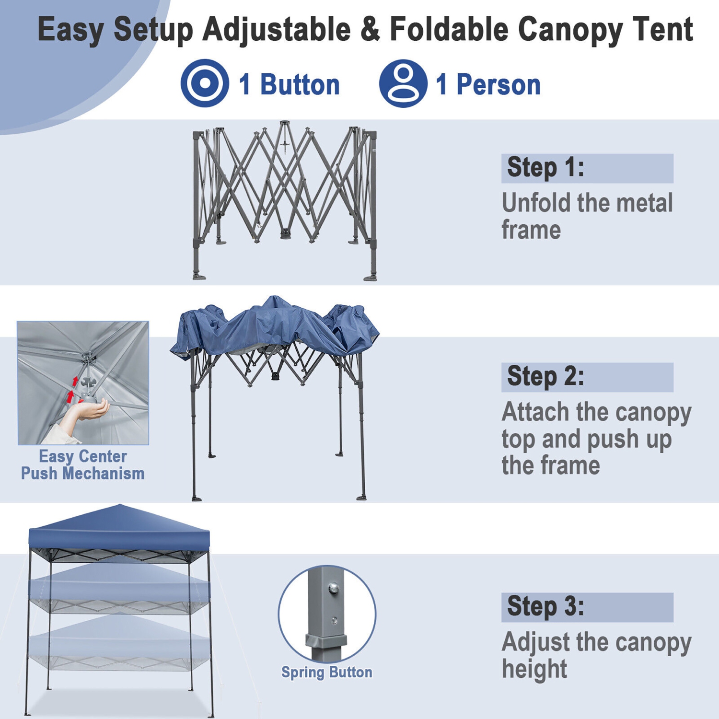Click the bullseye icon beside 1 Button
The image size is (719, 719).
click(x=205, y=83)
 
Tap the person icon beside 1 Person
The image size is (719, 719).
click(x=403, y=83)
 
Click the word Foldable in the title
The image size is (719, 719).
click(x=449, y=30)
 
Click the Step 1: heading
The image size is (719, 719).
click(x=545, y=168)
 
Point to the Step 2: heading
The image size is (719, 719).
click(x=545, y=377)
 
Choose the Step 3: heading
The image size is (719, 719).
click(x=545, y=607)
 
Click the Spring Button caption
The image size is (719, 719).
click(x=326, y=673)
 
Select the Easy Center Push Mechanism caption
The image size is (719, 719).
click(x=83, y=464)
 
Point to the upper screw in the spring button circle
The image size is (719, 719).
click(x=332, y=588)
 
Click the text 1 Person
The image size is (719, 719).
click(x=488, y=85)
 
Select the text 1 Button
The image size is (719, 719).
click(x=289, y=85)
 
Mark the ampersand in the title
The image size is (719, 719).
click(x=370, y=30)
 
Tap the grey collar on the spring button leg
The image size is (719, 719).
click(x=326, y=641)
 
